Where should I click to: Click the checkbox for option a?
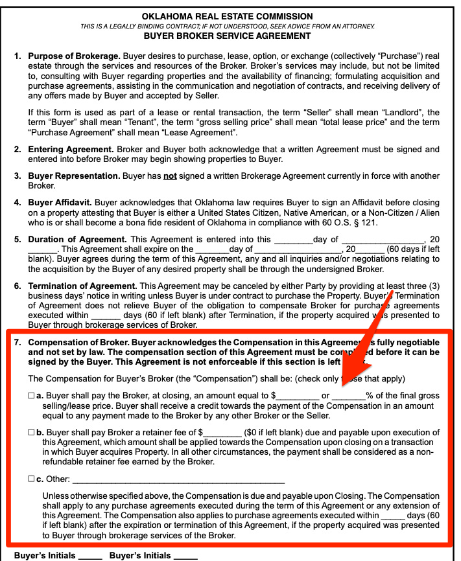tap(32, 395)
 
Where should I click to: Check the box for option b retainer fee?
tap(32, 432)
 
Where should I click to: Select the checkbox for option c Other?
tap(32, 479)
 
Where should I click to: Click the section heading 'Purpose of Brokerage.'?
tap(69, 56)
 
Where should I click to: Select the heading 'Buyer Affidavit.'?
tap(61, 203)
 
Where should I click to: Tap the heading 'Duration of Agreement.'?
tap(78, 239)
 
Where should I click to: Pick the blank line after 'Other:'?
tap(179, 480)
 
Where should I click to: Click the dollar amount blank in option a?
tap(298, 395)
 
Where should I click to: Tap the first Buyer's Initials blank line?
tap(91, 556)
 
